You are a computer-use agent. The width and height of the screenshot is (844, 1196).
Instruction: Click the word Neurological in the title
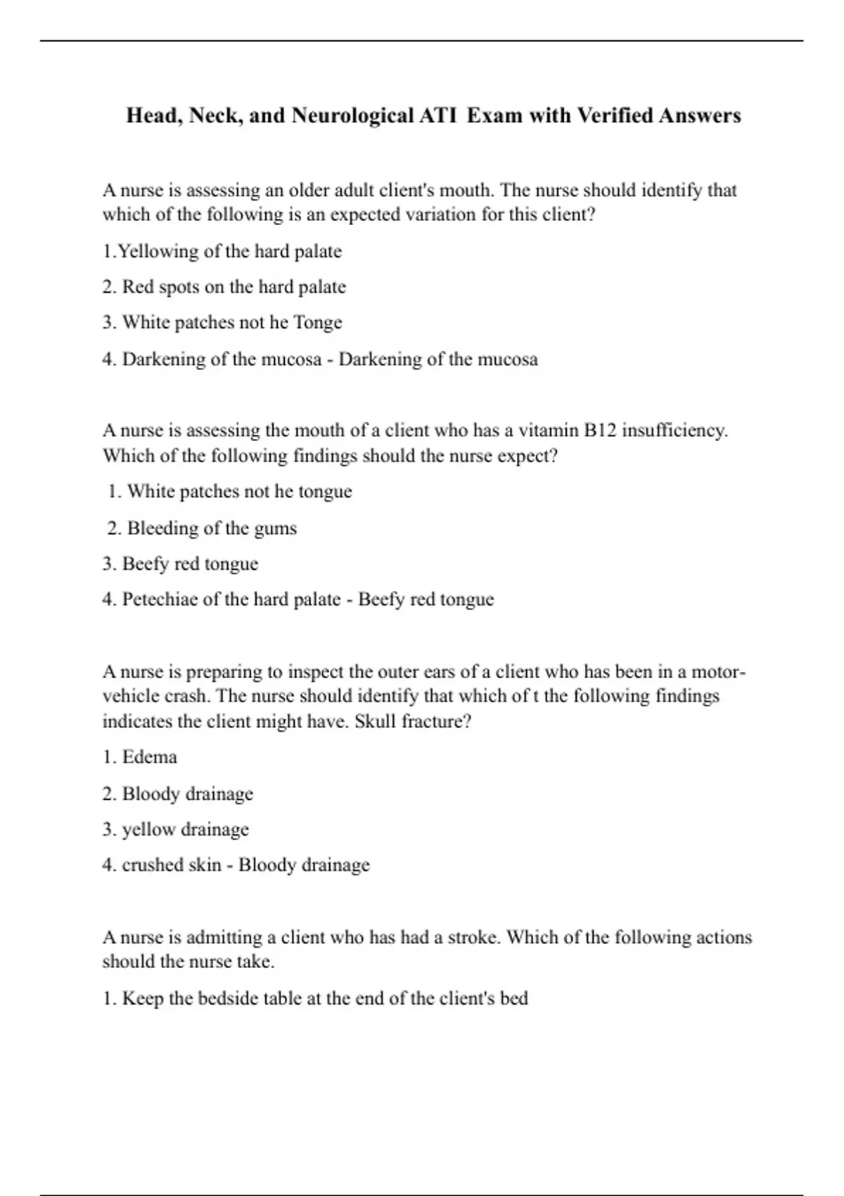click(x=352, y=115)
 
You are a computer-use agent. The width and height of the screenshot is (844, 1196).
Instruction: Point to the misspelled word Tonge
click(x=317, y=322)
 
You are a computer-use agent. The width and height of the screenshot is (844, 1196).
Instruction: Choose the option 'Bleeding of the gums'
click(x=212, y=528)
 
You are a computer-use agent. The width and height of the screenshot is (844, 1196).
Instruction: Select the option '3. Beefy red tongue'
click(x=190, y=564)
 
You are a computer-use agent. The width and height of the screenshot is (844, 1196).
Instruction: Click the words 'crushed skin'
click(x=172, y=865)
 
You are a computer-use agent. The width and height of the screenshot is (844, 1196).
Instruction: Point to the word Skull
click(x=376, y=721)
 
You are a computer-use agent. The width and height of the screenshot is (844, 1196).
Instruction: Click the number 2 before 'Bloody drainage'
click(x=108, y=794)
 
